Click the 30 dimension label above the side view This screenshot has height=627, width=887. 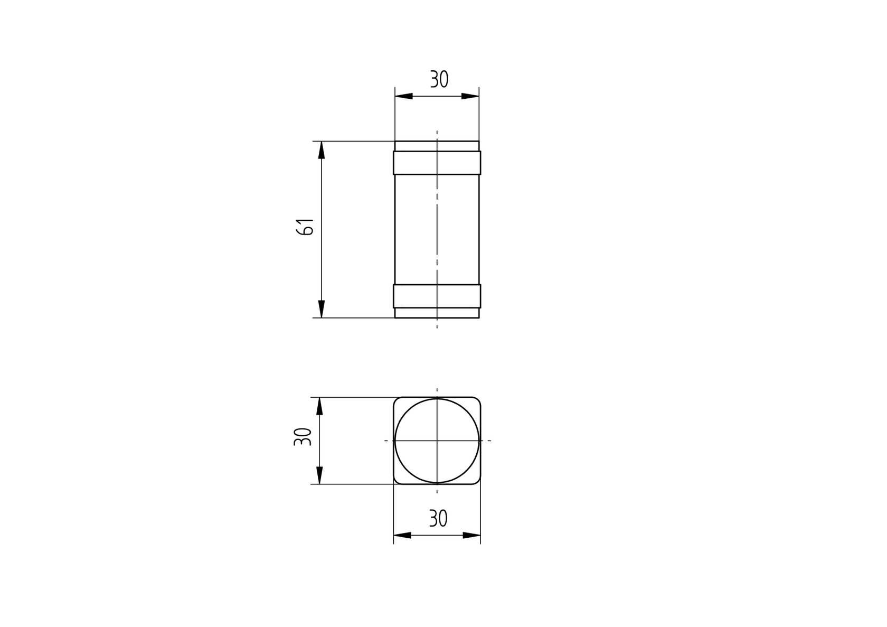click(x=439, y=80)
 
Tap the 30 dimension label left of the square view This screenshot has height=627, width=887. click(x=303, y=437)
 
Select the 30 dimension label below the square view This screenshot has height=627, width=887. click(x=438, y=519)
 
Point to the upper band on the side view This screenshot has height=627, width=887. click(x=437, y=163)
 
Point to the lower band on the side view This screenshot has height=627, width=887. click(x=437, y=296)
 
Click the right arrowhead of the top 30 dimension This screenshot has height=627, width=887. click(x=470, y=96)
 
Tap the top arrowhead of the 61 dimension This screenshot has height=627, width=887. click(x=322, y=150)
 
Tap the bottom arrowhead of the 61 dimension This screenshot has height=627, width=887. click(x=322, y=309)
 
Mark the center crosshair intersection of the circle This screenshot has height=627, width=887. click(x=437, y=441)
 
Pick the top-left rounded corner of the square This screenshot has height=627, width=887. click(x=397, y=400)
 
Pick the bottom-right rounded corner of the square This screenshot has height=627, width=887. click(x=477, y=480)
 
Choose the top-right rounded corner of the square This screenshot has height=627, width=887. click(x=477, y=400)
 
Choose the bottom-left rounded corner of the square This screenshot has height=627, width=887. click(x=397, y=480)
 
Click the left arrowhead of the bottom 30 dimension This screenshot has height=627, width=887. click(x=402, y=535)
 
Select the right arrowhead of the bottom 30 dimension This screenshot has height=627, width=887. click(x=472, y=535)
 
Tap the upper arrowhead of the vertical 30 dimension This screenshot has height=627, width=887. click(x=319, y=406)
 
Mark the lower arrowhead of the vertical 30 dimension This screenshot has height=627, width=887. click(x=319, y=475)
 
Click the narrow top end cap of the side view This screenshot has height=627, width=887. click(x=437, y=146)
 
